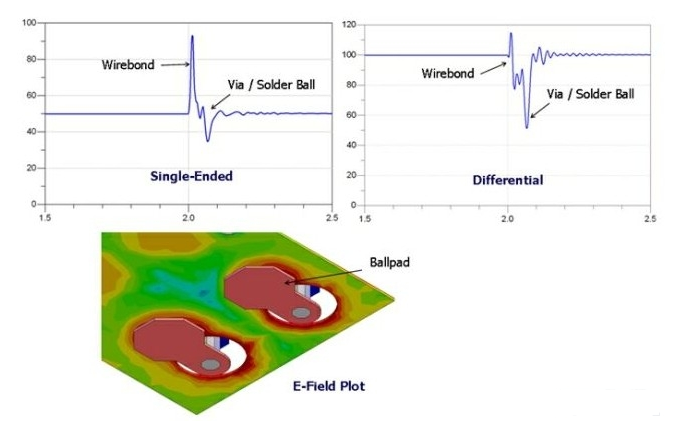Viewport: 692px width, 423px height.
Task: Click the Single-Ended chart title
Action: point(193,176)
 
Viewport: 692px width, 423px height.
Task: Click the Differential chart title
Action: point(507,180)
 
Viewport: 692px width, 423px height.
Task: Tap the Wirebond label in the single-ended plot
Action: point(129,65)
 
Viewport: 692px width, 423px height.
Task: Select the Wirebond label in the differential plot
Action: point(448,74)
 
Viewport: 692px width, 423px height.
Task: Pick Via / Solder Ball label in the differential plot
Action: point(591,95)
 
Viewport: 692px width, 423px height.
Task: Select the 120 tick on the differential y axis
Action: point(349,22)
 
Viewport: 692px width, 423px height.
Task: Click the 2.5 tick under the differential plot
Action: point(650,216)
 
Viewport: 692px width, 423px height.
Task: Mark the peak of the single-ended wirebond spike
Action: point(192,37)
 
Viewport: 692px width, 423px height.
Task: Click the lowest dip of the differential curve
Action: point(527,127)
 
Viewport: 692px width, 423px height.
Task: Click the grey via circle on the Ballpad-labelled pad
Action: point(300,314)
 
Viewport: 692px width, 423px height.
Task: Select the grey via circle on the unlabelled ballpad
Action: point(208,365)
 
